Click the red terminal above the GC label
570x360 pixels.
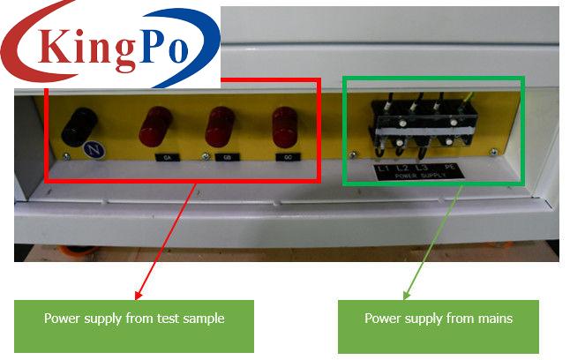coord(284,127)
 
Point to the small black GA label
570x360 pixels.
coord(166,158)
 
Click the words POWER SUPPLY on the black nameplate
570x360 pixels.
coord(419,176)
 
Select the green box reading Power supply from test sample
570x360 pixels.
coord(134,319)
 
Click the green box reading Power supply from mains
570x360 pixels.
coord(439,319)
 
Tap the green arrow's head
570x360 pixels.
coord(408,295)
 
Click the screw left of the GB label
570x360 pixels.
coord(205,158)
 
